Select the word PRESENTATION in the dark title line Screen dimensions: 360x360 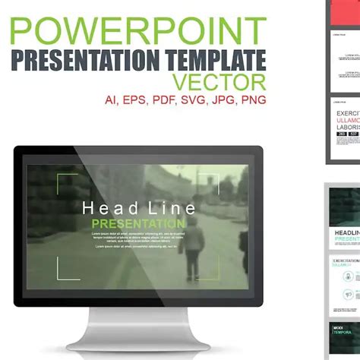(x=84, y=59)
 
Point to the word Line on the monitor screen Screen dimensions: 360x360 (x=172, y=208)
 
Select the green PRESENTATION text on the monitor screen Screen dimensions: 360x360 (x=137, y=224)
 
